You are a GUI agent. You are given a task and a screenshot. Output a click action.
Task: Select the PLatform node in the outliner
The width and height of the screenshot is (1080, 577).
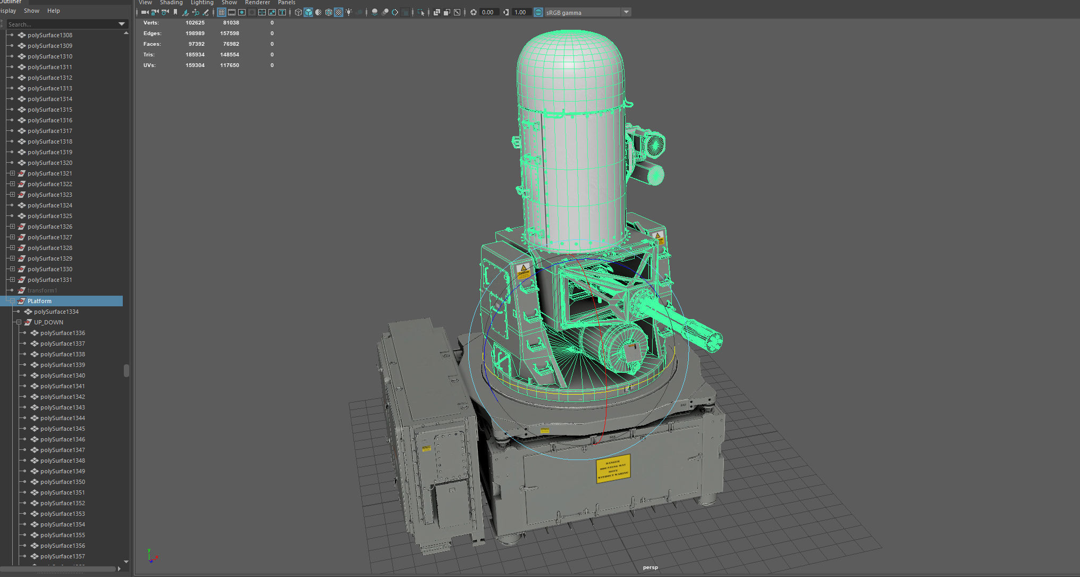(39, 301)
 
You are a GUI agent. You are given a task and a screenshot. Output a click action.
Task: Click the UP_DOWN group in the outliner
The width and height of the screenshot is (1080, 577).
(48, 322)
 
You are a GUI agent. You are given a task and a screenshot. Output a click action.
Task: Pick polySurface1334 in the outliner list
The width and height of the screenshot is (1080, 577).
(56, 312)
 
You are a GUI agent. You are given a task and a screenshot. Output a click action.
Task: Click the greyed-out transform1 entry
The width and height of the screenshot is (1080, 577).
(42, 290)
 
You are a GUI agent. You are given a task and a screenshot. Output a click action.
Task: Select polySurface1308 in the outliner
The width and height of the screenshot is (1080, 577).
(49, 35)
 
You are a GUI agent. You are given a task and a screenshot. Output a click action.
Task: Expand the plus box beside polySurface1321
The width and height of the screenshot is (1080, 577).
(12, 173)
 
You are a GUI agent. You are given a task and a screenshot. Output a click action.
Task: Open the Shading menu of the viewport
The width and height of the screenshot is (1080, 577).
(171, 3)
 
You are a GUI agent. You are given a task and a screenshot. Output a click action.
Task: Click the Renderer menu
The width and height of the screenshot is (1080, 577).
(257, 3)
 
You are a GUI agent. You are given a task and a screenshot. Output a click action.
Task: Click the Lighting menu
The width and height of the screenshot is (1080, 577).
(202, 3)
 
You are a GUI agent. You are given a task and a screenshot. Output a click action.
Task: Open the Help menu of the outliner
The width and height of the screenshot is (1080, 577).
(53, 11)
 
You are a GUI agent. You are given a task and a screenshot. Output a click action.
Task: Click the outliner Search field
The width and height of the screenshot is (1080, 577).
(61, 24)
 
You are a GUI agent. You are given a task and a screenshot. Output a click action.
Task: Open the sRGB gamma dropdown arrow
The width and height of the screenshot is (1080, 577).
(626, 12)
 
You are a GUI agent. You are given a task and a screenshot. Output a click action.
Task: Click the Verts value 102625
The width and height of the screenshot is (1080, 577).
(195, 23)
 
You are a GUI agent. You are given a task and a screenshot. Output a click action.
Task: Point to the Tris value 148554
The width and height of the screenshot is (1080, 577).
(230, 55)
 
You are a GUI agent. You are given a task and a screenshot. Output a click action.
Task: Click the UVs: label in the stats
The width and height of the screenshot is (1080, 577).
(149, 65)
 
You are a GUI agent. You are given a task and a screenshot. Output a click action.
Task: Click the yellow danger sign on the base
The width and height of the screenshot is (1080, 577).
(613, 469)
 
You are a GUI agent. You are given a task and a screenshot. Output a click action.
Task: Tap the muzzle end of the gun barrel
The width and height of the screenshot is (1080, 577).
(712, 339)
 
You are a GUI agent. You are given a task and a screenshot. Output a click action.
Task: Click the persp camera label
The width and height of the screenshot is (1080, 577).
(650, 567)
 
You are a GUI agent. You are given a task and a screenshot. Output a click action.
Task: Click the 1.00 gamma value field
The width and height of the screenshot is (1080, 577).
(520, 12)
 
